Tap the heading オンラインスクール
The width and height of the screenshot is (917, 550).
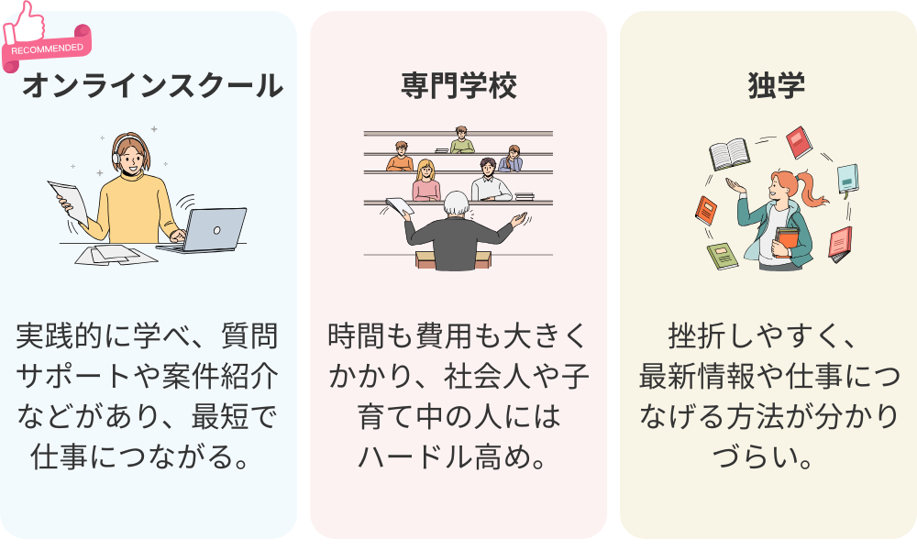click(x=152, y=86)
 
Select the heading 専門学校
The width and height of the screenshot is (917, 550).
click(x=458, y=86)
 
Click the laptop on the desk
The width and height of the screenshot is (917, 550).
click(x=213, y=229)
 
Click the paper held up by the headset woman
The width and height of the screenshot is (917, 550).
click(x=69, y=198)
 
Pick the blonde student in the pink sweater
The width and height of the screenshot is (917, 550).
click(x=425, y=181)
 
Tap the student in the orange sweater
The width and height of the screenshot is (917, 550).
click(x=401, y=158)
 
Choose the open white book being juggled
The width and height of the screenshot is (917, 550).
click(x=730, y=153)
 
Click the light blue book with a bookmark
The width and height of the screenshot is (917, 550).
click(x=846, y=179)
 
